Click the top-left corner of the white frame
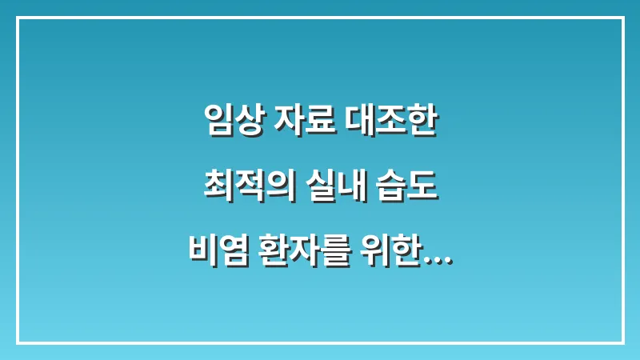(x=17, y=18)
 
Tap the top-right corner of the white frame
(x=623, y=18)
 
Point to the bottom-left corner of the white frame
(x=17, y=342)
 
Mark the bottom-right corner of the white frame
(x=623, y=342)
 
